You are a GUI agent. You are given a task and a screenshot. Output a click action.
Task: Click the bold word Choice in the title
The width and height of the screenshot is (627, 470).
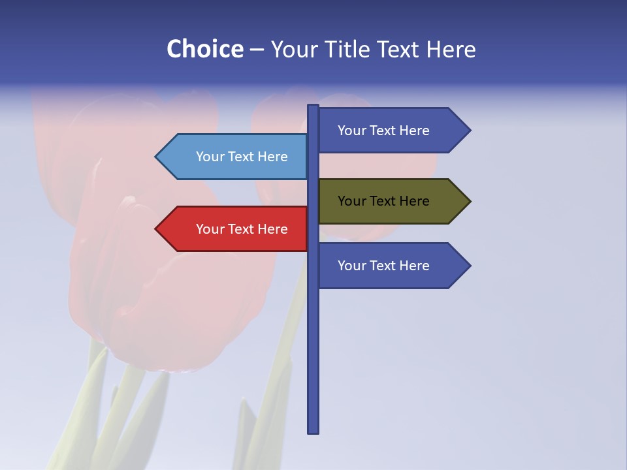click(x=204, y=49)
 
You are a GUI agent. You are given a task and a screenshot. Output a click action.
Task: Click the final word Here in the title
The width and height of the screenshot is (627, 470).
click(x=451, y=49)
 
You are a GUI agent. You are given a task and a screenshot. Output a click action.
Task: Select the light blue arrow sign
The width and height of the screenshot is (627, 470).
click(x=235, y=157)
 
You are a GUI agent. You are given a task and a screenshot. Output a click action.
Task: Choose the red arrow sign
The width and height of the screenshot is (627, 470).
click(x=235, y=229)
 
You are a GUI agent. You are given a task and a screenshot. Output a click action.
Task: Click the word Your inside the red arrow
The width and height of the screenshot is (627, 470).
click(x=210, y=229)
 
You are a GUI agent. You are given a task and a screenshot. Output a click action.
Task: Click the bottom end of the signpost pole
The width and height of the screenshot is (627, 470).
click(x=313, y=431)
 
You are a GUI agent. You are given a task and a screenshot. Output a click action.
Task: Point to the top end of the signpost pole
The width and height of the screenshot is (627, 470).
click(x=313, y=107)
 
